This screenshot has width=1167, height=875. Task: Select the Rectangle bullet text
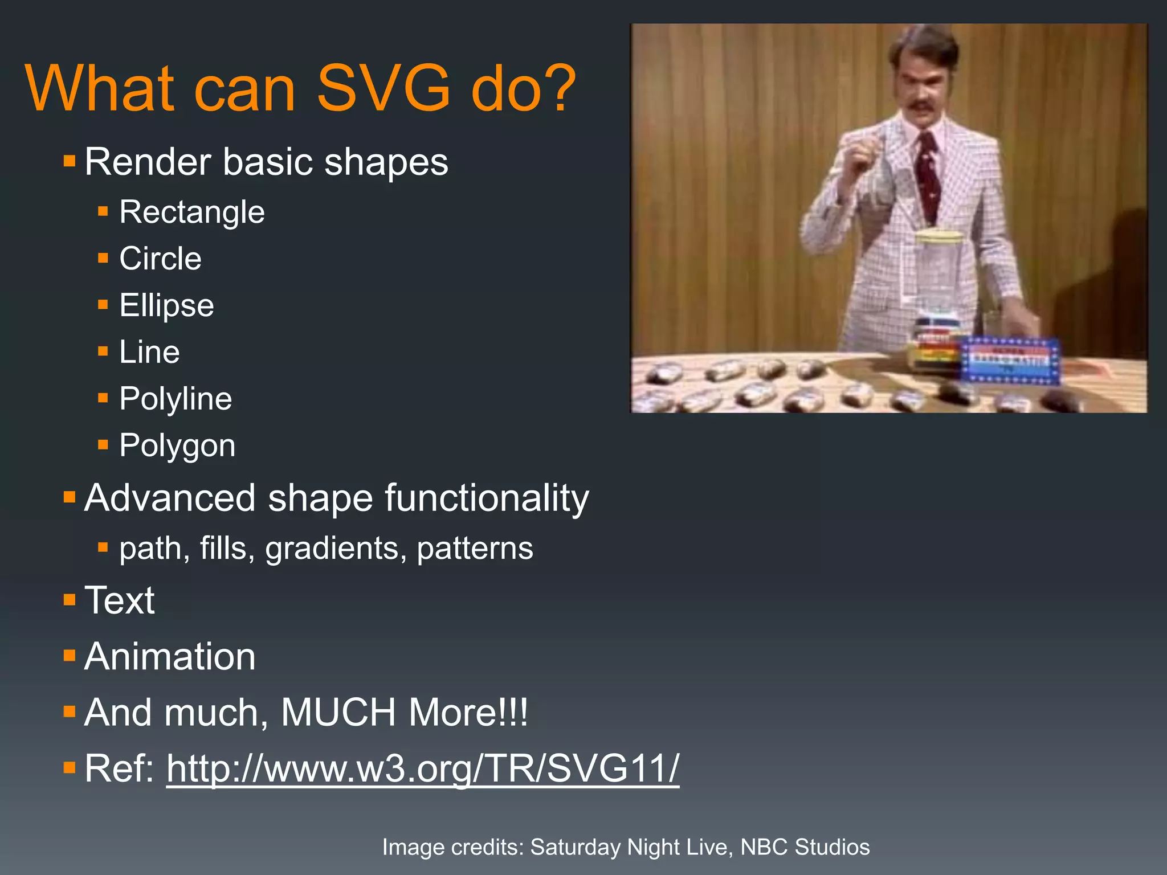tap(192, 212)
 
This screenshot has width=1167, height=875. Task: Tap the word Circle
tap(160, 259)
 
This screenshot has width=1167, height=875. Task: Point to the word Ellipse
tap(166, 306)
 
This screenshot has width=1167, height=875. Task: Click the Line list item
tap(149, 352)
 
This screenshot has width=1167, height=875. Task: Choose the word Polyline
tap(176, 399)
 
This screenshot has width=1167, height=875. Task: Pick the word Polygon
tap(177, 445)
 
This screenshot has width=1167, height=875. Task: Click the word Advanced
tap(169, 498)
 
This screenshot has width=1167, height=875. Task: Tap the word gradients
tap(336, 549)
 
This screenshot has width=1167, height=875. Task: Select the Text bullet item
tap(119, 600)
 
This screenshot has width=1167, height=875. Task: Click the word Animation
tap(170, 657)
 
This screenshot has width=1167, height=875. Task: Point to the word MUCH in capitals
tap(338, 713)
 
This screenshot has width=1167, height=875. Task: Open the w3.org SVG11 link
tap(423, 769)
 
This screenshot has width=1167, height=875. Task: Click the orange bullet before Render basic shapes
tap(70, 161)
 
